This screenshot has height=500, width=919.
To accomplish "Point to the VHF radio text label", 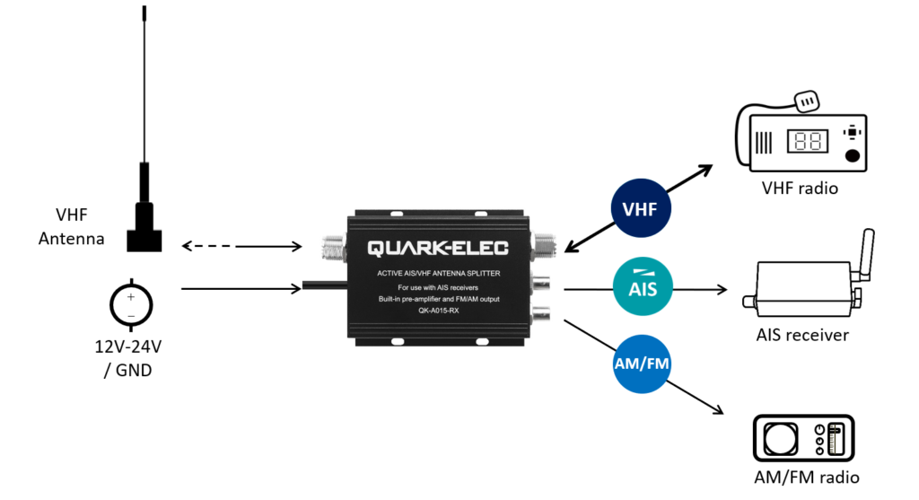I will (801, 189).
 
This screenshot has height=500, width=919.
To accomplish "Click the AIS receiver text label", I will (801, 335).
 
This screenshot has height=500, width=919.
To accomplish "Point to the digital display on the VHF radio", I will (804, 142).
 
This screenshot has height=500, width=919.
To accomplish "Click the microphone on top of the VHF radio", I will (810, 103).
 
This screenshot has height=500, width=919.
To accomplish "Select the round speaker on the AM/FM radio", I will (779, 439).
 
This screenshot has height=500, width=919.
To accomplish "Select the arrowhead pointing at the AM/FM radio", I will (718, 412).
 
